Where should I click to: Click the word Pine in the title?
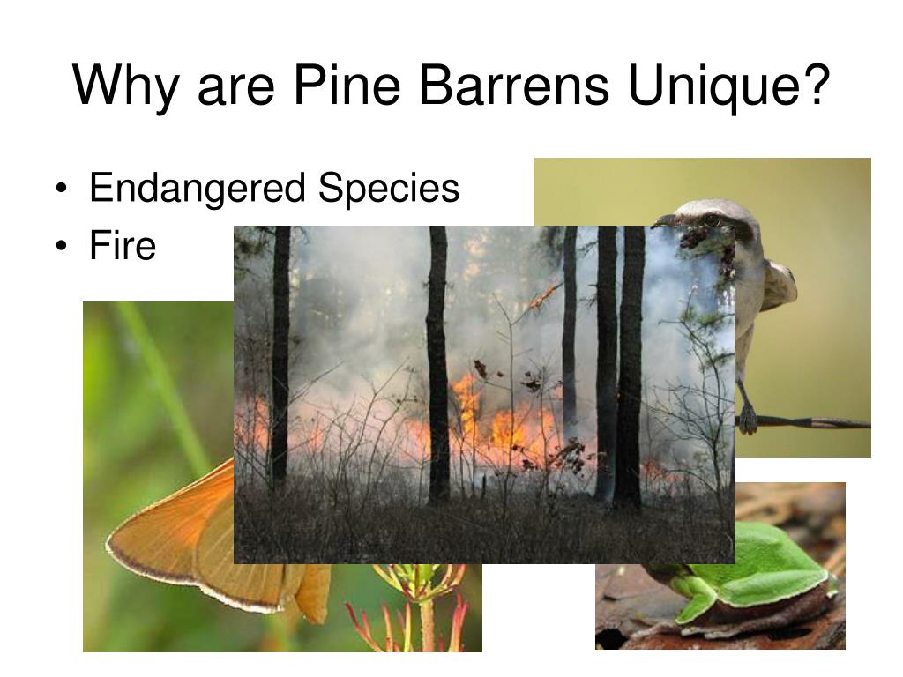(346, 85)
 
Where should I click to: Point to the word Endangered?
(197, 190)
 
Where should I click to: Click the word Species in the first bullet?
(389, 190)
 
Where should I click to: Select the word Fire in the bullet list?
(122, 245)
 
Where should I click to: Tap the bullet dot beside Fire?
(62, 247)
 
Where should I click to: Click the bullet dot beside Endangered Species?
(62, 190)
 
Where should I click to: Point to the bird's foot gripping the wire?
(747, 419)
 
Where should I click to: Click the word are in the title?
(235, 91)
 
